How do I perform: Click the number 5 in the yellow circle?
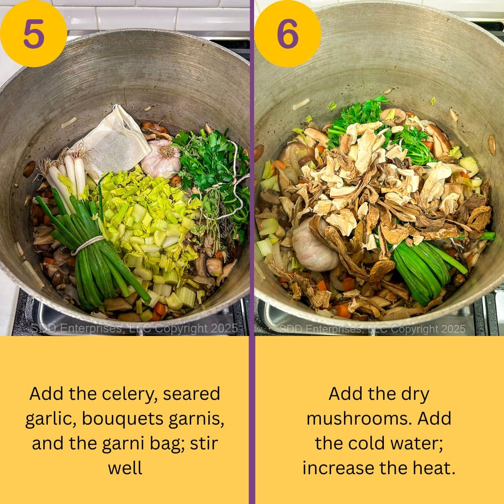(x=34, y=34)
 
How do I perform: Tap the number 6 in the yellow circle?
(x=288, y=34)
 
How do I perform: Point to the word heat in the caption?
(x=437, y=467)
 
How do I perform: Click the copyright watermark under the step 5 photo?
(x=134, y=328)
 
